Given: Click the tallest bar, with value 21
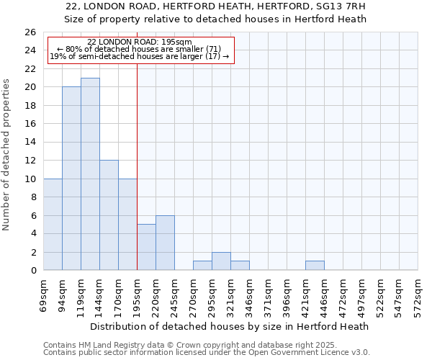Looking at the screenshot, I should point(90,174).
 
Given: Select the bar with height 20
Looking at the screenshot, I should point(71,179).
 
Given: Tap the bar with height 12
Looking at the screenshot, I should point(109,215).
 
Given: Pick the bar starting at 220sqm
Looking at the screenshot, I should point(165,243).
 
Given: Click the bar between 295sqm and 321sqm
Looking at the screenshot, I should point(221,261).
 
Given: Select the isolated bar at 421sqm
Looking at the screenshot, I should point(315,266).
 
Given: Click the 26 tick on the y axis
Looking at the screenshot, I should point(30,32).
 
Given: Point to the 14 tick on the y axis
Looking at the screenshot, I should point(30,143).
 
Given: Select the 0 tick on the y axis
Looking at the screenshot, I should point(32,271).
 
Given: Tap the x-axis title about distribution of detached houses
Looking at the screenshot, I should point(230,326).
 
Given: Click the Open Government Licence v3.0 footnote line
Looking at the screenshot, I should point(207,352).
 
